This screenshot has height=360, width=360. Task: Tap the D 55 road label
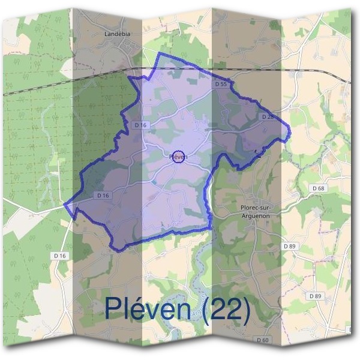point(221,85)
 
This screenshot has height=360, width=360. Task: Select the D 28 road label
point(268,116)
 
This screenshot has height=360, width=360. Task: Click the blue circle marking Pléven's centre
point(178,157)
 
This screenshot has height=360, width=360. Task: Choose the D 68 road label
point(318,188)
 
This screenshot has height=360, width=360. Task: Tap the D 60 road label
point(262,340)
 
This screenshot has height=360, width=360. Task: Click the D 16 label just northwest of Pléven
point(141,125)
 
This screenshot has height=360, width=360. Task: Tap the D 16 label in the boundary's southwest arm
point(103,196)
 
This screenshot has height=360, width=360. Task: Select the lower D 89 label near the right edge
point(316,296)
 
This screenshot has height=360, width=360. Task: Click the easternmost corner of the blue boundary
point(289,127)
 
